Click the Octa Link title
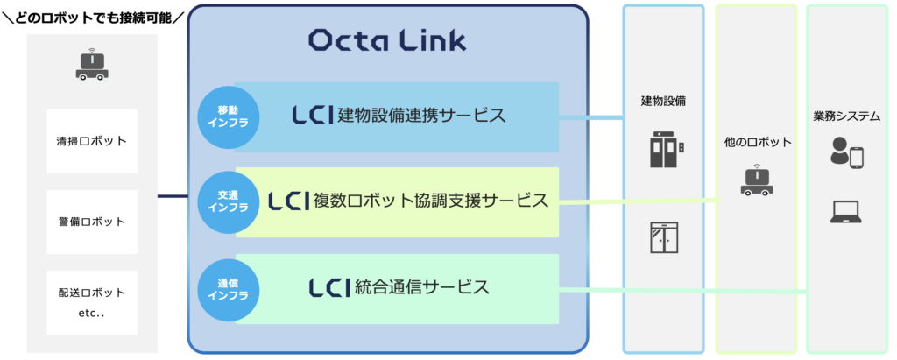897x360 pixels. point(387,40)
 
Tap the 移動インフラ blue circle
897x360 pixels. point(229,118)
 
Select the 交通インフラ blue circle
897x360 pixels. point(229,201)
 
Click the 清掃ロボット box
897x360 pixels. point(92,141)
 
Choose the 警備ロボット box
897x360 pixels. point(92,222)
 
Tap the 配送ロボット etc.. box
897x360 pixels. point(92,303)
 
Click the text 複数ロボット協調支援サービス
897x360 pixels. point(431,201)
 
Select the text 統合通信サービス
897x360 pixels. point(422,286)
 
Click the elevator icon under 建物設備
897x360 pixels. point(667,149)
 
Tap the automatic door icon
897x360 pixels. point(664,237)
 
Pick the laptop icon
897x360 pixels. point(846,212)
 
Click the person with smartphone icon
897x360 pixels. point(847,152)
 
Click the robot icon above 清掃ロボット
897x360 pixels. point(91,64)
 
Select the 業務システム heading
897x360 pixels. point(847,117)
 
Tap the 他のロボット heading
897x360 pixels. point(758,142)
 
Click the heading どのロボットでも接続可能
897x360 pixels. point(93,18)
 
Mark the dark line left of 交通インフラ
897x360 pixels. point(173,197)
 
